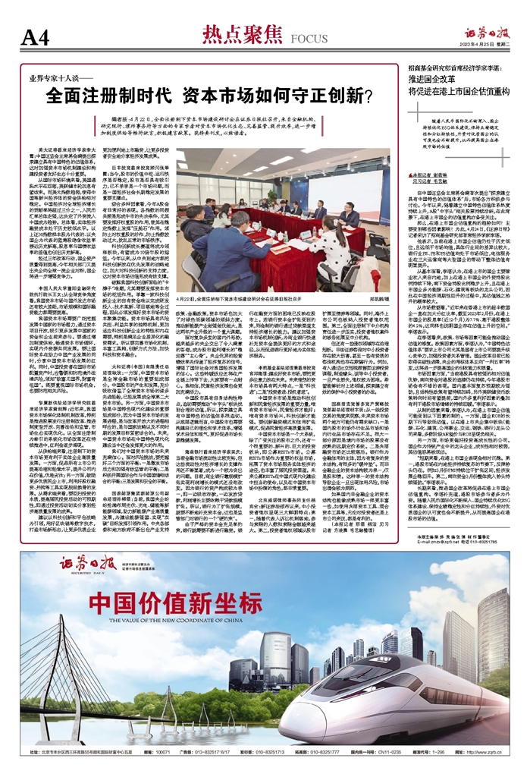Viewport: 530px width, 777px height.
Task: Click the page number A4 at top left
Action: coord(39,37)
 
